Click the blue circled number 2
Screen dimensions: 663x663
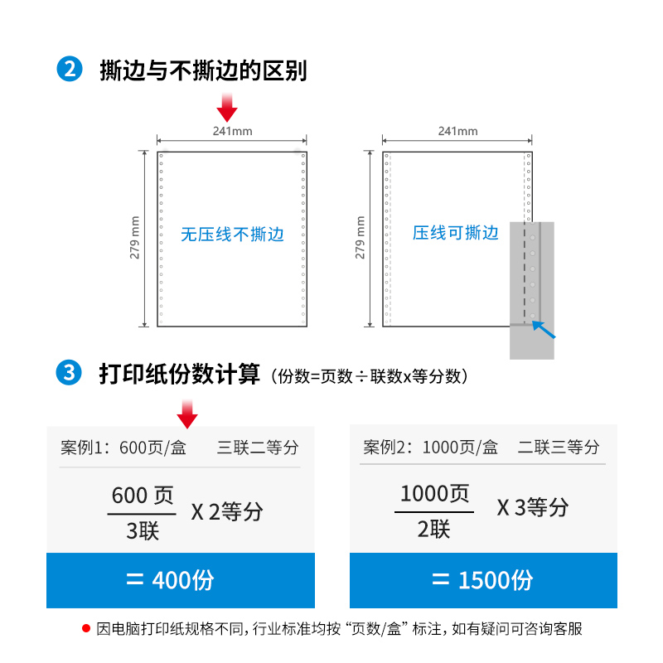[69, 70]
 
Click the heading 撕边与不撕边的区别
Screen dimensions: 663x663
[203, 70]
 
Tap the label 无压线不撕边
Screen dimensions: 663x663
[232, 235]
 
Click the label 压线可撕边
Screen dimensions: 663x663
[456, 233]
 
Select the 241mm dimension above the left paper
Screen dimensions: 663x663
[232, 131]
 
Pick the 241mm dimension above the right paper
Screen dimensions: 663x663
[457, 131]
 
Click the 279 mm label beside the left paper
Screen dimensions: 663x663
[136, 238]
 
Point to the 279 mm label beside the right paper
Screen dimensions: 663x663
[361, 238]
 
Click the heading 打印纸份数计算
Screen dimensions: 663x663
[180, 374]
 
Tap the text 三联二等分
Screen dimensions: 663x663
[258, 448]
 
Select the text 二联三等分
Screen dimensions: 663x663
[559, 448]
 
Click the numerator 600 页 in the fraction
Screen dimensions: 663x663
[143, 496]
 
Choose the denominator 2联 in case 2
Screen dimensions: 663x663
[433, 529]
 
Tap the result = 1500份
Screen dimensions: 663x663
[482, 580]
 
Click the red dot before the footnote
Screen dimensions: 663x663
[85, 628]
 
